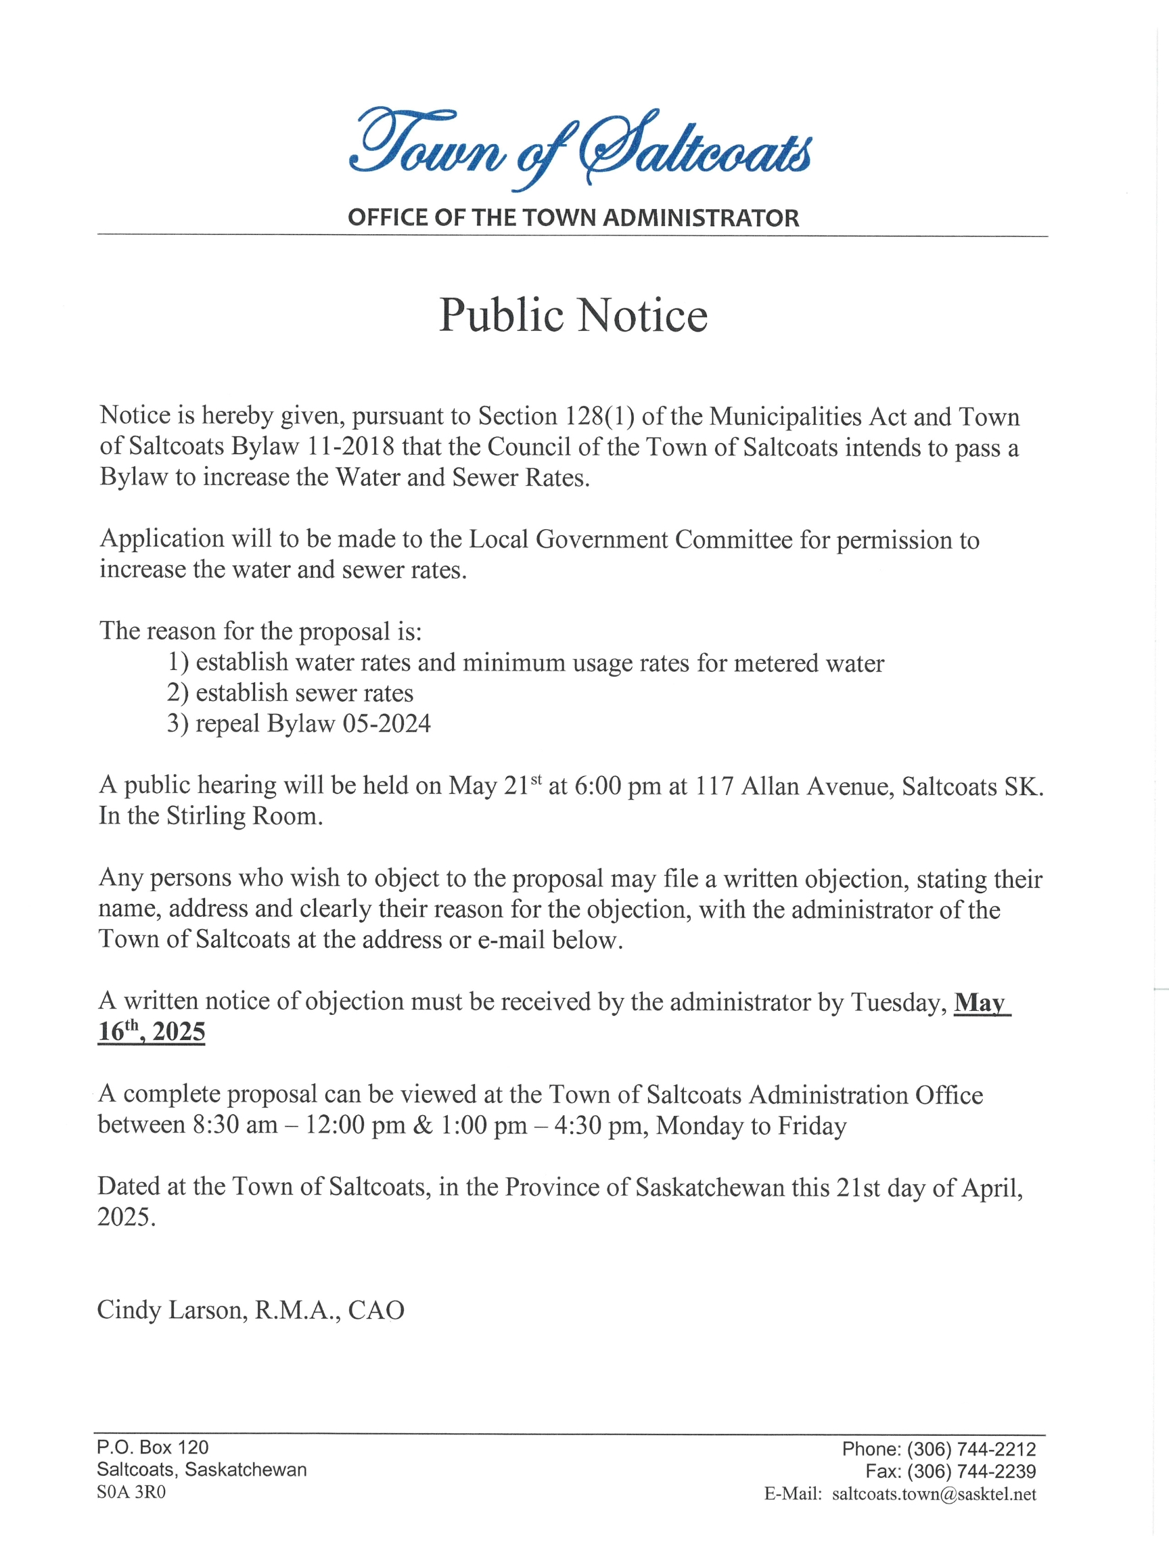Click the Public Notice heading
click(573, 315)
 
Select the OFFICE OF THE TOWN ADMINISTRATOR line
click(573, 218)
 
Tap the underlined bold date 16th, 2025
click(152, 1032)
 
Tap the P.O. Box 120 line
click(153, 1447)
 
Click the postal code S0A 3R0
click(131, 1493)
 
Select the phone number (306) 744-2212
click(971, 1449)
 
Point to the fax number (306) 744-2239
click(971, 1472)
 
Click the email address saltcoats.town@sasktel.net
click(934, 1494)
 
